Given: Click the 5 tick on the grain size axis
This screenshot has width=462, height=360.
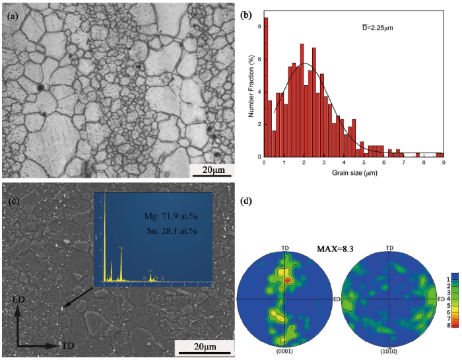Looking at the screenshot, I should click(x=364, y=162).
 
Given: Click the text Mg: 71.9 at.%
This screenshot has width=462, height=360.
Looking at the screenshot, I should click(x=170, y=215).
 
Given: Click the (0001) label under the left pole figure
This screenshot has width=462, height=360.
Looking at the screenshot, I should click(x=285, y=351).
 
